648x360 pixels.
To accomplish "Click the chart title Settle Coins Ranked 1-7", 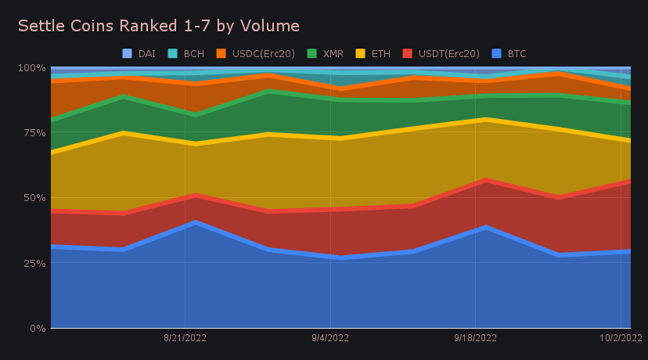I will point(158,26).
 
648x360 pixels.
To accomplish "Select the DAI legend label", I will point(146,53).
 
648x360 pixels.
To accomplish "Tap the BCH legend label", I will point(193,53).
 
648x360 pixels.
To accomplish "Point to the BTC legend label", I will point(517,53).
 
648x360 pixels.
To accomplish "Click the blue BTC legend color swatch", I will point(497,53).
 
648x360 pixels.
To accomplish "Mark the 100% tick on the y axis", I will point(31,68).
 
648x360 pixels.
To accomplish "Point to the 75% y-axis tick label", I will point(33,133).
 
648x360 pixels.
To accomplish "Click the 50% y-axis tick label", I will point(33,198).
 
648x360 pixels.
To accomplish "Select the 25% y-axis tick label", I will point(33,263).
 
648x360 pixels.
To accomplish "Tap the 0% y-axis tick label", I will point(36,328).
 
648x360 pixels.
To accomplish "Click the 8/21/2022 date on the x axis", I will point(185,338).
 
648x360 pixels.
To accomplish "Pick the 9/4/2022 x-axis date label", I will point(330,338).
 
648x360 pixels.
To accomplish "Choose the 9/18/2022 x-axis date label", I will point(475,338).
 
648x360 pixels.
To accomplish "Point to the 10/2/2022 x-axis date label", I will point(620,338).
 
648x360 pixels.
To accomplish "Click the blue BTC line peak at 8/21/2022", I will point(185,223).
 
